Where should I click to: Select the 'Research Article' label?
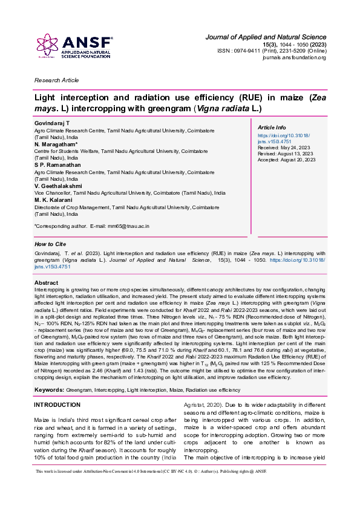tap(56, 80)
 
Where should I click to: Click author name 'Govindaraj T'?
tap(53, 123)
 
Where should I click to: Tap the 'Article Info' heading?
tap(272, 128)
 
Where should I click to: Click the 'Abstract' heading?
tap(47, 283)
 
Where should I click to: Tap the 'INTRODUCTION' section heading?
tap(57, 387)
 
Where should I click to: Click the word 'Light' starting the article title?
tap(45, 97)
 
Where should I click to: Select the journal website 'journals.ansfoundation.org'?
tap(294, 57)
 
